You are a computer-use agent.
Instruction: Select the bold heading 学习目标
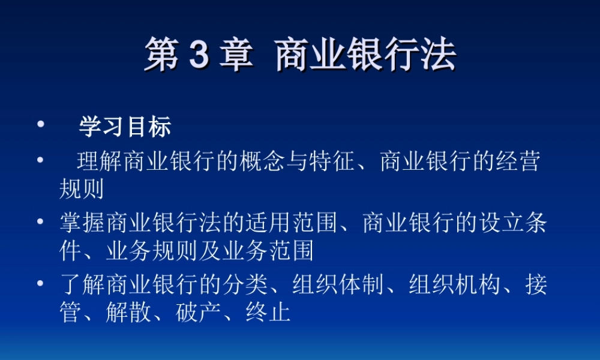click(125, 127)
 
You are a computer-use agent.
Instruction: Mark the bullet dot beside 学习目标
click(40, 125)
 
